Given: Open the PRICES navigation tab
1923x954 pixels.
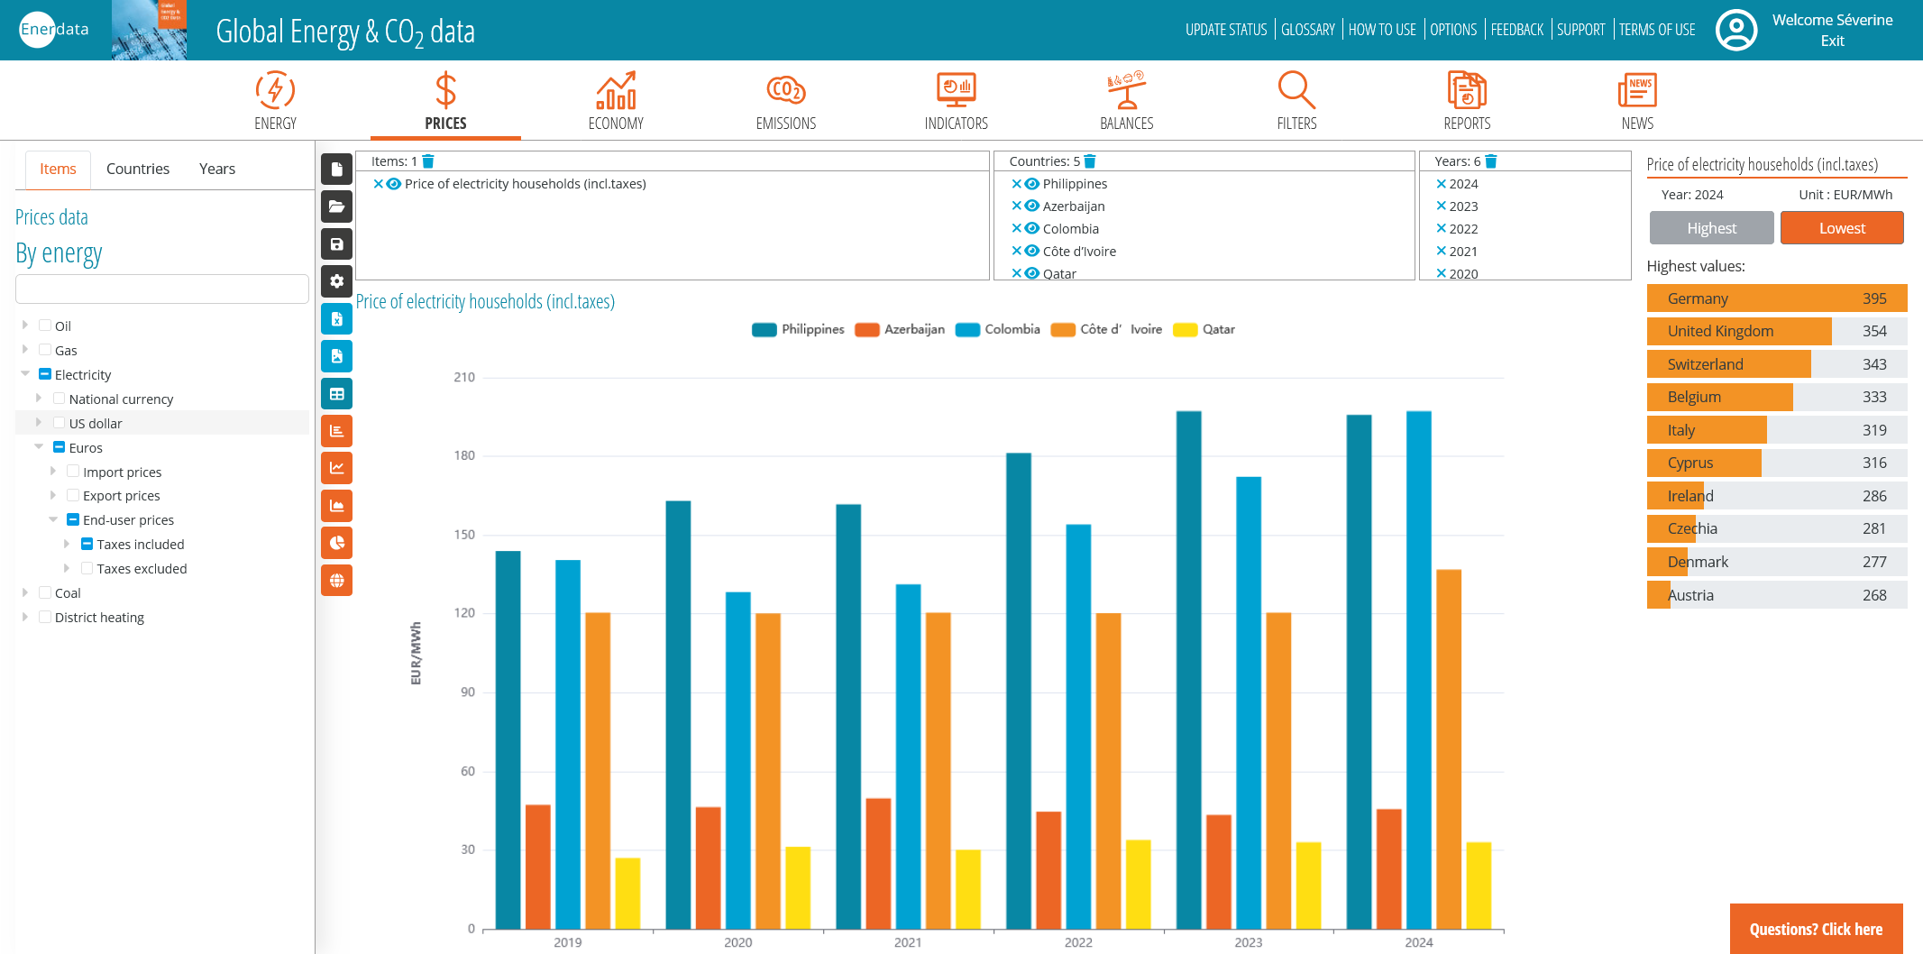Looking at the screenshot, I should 445,101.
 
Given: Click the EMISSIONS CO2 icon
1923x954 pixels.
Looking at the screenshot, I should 785,90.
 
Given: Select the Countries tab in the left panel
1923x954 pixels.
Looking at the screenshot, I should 137,169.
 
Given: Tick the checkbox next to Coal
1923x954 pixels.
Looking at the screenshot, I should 45,592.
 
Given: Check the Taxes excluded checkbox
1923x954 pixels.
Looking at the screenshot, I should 87,568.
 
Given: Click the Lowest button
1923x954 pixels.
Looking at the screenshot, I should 1841,228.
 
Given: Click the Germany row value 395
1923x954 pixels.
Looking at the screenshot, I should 1874,298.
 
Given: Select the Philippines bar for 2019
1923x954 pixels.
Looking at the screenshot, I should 508,739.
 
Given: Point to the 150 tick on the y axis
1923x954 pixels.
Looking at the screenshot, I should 464,535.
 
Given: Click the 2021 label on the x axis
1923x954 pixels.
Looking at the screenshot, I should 908,942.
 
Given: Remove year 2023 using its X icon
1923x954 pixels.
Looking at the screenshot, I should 1441,206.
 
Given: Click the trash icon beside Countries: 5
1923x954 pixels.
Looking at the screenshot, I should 1090,161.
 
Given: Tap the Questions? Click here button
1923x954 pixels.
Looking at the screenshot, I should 1816,929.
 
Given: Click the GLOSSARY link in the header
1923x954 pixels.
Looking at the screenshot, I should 1307,30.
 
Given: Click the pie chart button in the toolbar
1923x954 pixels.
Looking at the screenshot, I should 337,543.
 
